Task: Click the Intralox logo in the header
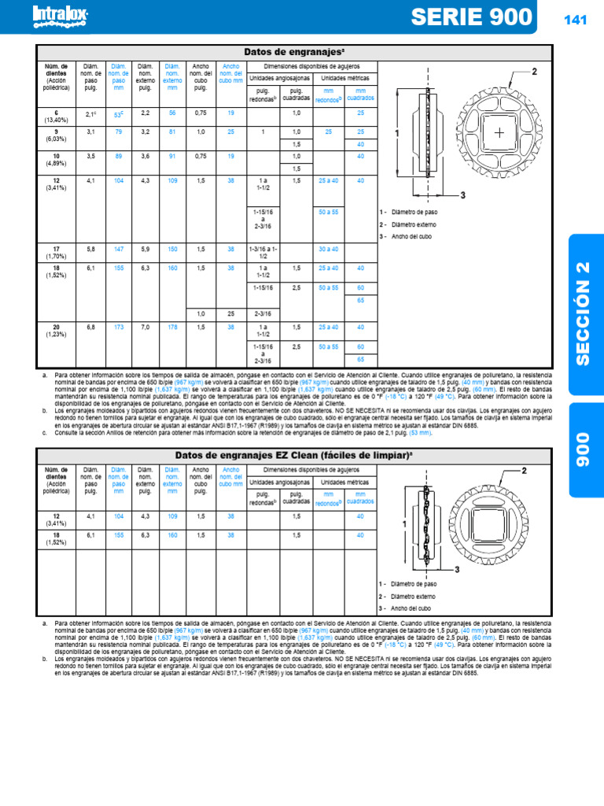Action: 60,16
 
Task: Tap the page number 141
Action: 576,20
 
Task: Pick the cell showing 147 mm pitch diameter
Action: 120,249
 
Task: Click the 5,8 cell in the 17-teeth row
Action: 90,249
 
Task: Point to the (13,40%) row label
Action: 56,120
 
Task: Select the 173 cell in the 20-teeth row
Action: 120,327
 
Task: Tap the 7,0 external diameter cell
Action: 145,327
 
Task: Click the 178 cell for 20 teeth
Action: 173,327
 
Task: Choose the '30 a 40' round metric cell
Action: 328,249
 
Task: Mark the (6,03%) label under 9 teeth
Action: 56,138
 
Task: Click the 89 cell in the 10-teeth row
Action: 120,156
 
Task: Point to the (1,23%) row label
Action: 56,334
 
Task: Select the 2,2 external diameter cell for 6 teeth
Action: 145,113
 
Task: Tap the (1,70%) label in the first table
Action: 56,256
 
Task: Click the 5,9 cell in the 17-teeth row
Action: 145,249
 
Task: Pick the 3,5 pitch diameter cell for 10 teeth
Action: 90,156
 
